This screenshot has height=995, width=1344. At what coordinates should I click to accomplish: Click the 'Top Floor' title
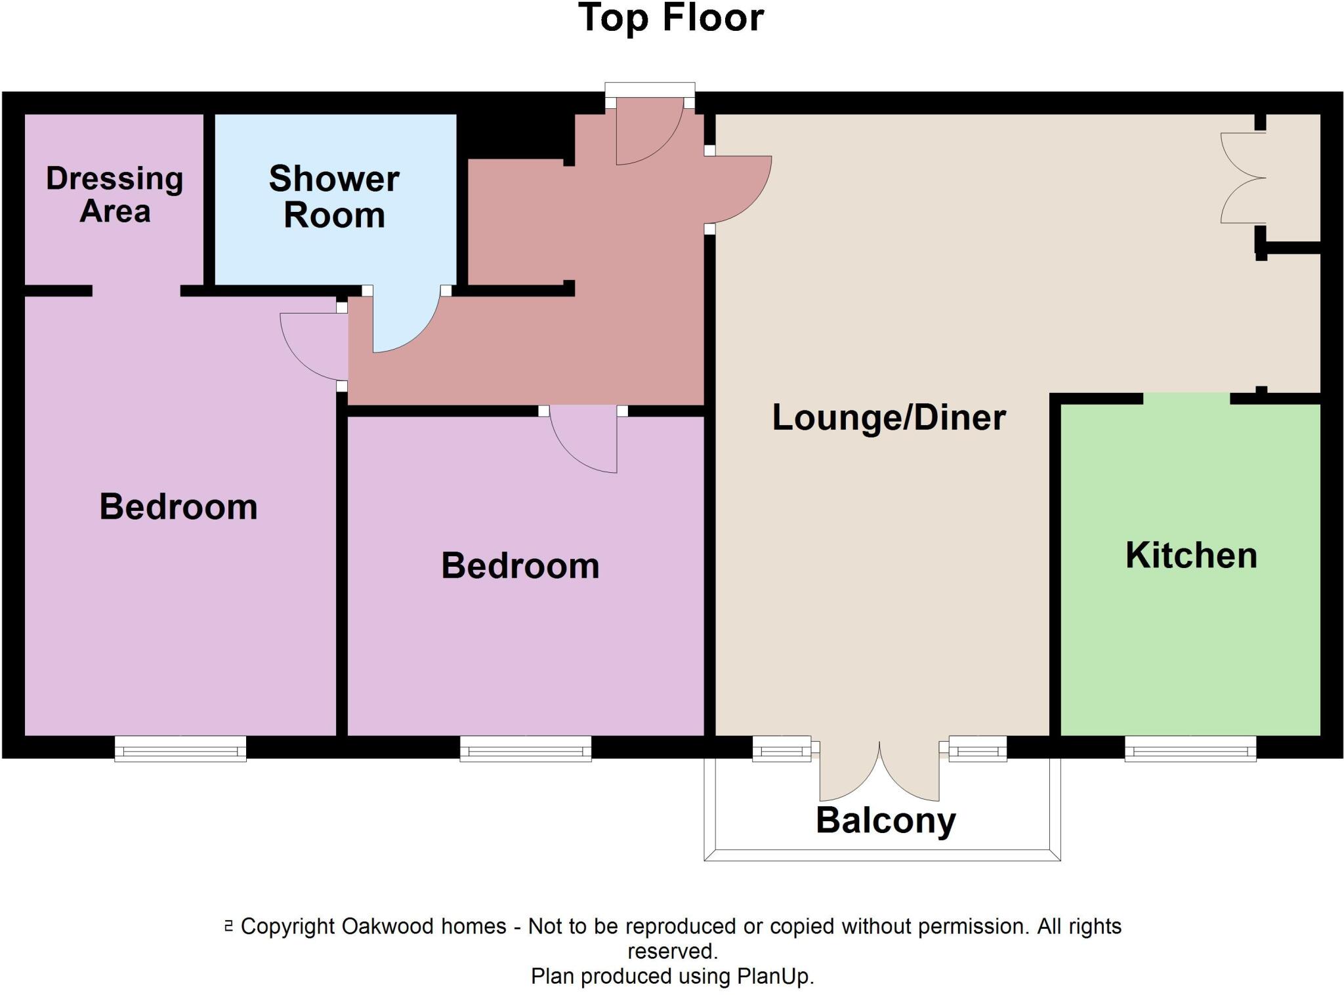(x=671, y=18)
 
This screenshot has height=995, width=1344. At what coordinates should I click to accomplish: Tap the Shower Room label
(x=334, y=197)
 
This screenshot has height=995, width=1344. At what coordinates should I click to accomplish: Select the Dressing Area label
(x=115, y=195)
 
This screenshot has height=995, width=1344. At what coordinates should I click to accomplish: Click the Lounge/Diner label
(x=889, y=418)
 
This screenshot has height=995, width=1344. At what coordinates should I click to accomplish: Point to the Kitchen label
(x=1191, y=556)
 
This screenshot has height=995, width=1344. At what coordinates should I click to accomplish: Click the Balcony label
(x=885, y=821)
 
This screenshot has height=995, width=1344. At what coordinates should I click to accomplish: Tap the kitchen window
(x=1190, y=748)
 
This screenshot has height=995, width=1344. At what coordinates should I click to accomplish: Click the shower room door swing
(x=404, y=321)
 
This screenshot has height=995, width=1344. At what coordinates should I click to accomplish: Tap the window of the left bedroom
(x=180, y=748)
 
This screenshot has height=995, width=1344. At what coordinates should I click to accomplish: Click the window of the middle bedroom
(x=526, y=748)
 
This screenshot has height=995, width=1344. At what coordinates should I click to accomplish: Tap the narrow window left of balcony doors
(x=782, y=748)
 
